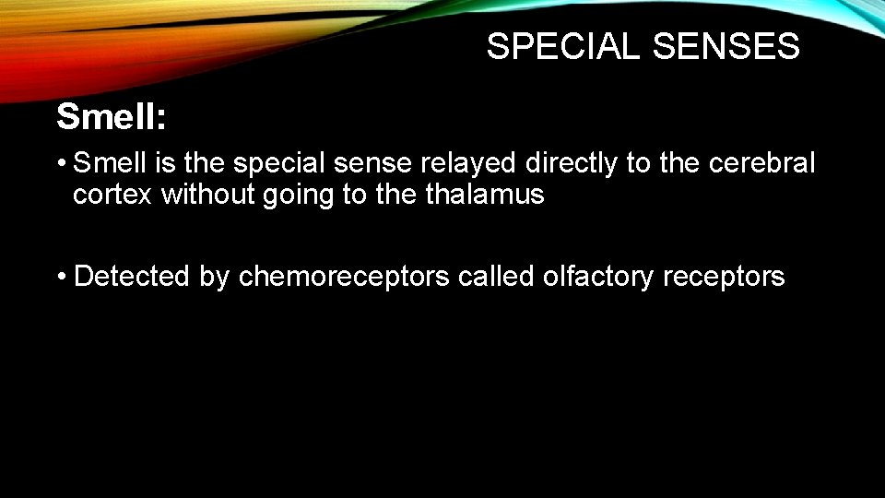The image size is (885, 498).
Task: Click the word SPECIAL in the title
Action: pyautogui.click(x=562, y=46)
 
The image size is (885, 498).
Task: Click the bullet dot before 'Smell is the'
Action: pyautogui.click(x=61, y=165)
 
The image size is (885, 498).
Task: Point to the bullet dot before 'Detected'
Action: pyautogui.click(x=61, y=277)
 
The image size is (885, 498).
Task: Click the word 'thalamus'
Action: pyautogui.click(x=482, y=196)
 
